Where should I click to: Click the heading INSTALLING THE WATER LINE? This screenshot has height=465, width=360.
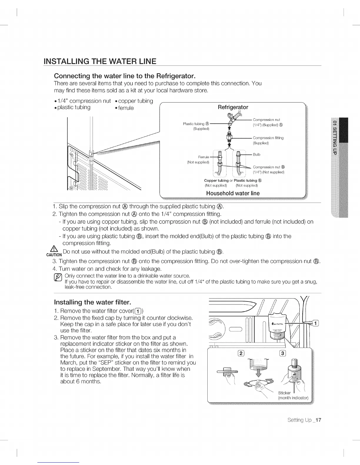(100, 62)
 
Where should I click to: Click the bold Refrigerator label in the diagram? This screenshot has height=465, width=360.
(233, 107)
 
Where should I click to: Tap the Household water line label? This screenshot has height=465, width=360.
(233, 193)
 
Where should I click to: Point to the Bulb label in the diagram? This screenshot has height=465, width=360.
(256, 154)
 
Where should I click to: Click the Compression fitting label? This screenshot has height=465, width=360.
(268, 138)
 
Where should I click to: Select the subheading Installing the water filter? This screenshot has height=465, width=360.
(93, 302)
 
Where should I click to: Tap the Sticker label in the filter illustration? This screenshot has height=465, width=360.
(284, 393)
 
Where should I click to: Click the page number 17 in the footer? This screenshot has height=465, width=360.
(318, 420)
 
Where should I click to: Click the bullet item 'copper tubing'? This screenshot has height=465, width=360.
(136, 101)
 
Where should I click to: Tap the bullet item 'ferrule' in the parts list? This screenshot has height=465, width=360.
(126, 108)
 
